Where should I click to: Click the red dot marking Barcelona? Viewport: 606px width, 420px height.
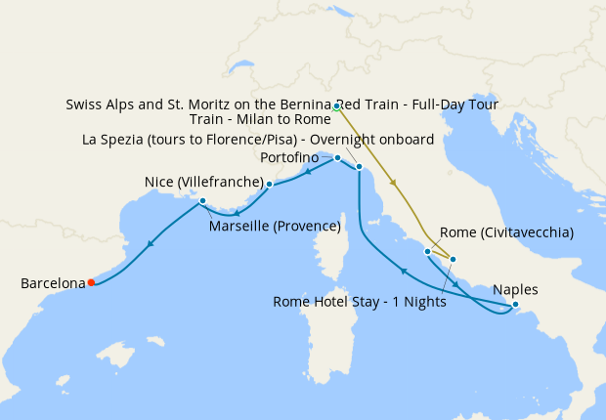[91, 282]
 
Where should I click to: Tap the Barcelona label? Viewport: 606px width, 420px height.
[53, 283]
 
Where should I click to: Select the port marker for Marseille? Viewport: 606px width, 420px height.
[202, 201]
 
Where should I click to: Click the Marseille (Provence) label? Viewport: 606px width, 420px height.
[275, 227]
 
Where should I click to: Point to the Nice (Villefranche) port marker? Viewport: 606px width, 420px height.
[269, 183]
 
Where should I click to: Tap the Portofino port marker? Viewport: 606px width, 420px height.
[337, 157]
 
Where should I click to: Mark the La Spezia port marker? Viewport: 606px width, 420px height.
[360, 167]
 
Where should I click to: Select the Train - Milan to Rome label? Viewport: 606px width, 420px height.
[260, 120]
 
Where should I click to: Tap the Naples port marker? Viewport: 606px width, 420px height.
[515, 305]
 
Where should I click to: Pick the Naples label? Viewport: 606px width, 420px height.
[515, 289]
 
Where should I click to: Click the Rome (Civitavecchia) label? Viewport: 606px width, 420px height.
[506, 232]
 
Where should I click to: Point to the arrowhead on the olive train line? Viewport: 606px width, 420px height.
[393, 183]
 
